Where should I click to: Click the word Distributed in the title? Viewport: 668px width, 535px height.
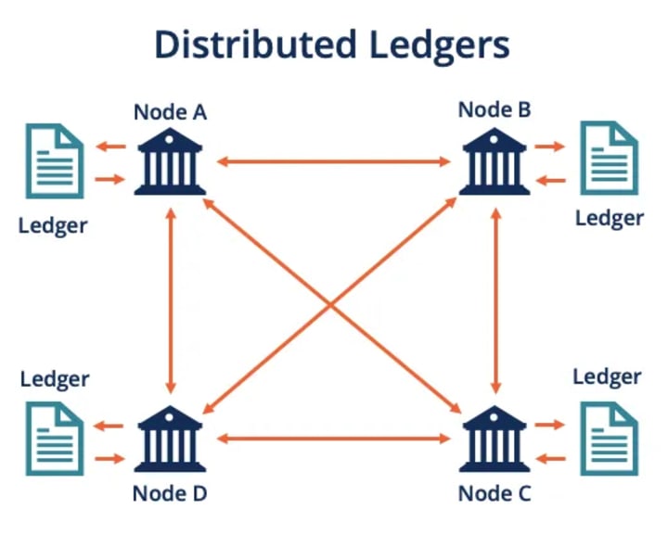(256, 44)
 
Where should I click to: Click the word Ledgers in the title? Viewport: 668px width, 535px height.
(440, 46)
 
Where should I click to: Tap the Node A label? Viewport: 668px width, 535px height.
(171, 112)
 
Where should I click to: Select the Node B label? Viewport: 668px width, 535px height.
(495, 109)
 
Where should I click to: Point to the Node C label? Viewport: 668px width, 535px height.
(495, 493)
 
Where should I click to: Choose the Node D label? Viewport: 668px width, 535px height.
(170, 493)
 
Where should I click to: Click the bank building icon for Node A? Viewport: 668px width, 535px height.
(170, 161)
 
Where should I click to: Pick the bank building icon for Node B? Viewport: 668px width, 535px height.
(495, 161)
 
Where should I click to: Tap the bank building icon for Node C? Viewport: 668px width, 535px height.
(495, 439)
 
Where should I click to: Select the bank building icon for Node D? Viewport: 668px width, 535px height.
(170, 439)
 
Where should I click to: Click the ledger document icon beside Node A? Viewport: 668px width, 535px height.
(55, 161)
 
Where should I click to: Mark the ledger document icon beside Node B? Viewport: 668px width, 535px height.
(610, 158)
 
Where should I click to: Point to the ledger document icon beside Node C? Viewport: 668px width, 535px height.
(610, 439)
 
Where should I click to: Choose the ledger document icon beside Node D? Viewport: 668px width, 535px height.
(55, 439)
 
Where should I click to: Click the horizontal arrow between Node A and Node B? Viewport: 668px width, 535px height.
(334, 161)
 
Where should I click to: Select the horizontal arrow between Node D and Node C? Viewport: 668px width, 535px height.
(334, 439)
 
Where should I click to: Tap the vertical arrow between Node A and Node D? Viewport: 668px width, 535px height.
(171, 301)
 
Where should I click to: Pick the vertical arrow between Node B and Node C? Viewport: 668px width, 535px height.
(495, 301)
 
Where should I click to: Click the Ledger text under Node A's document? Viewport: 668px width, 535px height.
(53, 226)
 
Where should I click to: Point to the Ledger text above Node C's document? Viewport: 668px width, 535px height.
(607, 377)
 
